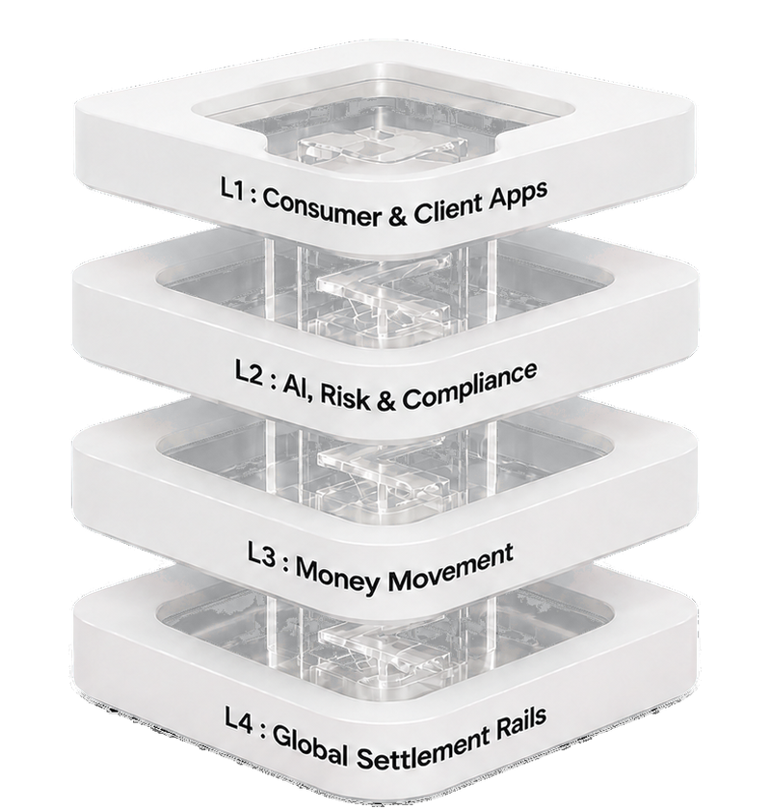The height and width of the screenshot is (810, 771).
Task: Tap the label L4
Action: tap(238, 721)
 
